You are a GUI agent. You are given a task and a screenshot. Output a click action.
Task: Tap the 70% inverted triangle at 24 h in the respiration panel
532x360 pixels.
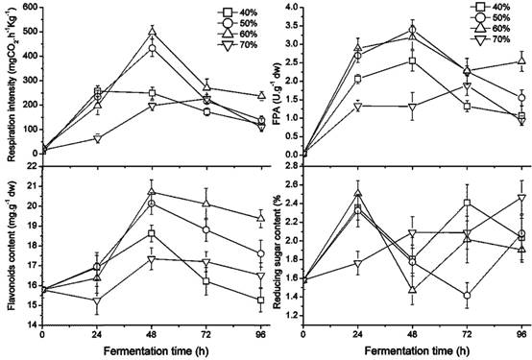96,138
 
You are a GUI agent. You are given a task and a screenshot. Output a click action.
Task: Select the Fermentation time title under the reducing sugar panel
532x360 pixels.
412,353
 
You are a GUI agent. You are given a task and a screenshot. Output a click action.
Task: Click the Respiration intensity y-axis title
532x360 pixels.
7,82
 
